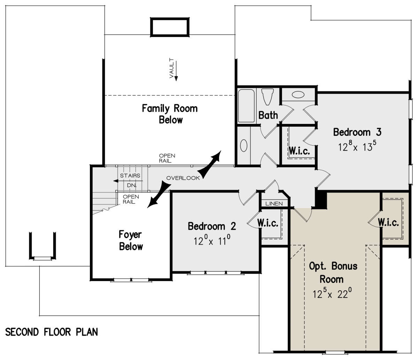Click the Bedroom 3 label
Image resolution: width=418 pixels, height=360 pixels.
pos(357,132)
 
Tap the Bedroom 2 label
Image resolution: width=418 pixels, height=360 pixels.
pos(212,226)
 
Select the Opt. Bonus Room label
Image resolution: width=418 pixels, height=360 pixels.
pos(333,273)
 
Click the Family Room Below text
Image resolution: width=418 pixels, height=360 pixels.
pos(170,114)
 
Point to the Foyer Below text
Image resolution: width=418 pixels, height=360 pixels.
pos(131,241)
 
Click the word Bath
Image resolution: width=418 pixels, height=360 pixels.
pos(268,115)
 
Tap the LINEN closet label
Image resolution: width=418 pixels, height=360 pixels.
pos(274,204)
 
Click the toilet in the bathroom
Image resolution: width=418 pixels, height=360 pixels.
pos(267,97)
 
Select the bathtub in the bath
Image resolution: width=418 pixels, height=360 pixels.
pos(246,106)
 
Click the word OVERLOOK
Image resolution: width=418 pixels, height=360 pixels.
pos(183,178)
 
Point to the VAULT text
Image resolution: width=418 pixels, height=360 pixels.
pos(171,68)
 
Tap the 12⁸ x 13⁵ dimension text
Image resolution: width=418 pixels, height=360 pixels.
pos(357,146)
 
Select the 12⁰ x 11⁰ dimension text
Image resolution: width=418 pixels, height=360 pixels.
pos(212,240)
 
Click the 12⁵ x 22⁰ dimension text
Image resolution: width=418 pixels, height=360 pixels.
pos(332,293)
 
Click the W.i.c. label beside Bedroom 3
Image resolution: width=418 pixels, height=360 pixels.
pos(299,151)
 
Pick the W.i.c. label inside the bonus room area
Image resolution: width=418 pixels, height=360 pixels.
pos(388,222)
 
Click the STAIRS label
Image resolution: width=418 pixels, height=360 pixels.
pos(130,175)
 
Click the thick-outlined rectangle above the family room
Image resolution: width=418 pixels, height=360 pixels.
pos(170,27)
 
